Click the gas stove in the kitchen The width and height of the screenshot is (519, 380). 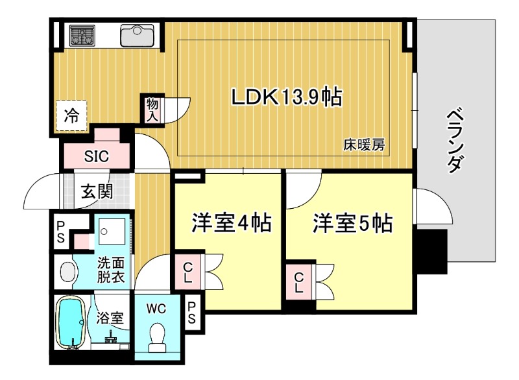click(82, 36)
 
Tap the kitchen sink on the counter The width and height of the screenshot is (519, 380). click(137, 36)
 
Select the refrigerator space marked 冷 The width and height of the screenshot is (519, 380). click(71, 115)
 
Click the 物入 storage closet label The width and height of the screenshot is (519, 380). click(152, 110)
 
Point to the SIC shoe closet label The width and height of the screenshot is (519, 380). click(96, 156)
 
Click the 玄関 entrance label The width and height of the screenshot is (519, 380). click(97, 191)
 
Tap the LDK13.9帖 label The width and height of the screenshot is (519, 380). click(286, 97)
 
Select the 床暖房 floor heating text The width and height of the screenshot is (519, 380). click(364, 145)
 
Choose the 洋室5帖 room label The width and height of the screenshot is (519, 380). click(352, 223)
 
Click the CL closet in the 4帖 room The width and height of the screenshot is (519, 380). click(187, 272)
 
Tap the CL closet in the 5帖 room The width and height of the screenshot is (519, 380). click(298, 282)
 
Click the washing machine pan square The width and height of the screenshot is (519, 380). click(112, 231)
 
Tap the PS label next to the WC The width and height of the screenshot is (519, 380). click(192, 313)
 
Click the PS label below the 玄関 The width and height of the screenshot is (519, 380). click(60, 232)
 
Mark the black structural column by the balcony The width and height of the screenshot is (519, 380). click(431, 251)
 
